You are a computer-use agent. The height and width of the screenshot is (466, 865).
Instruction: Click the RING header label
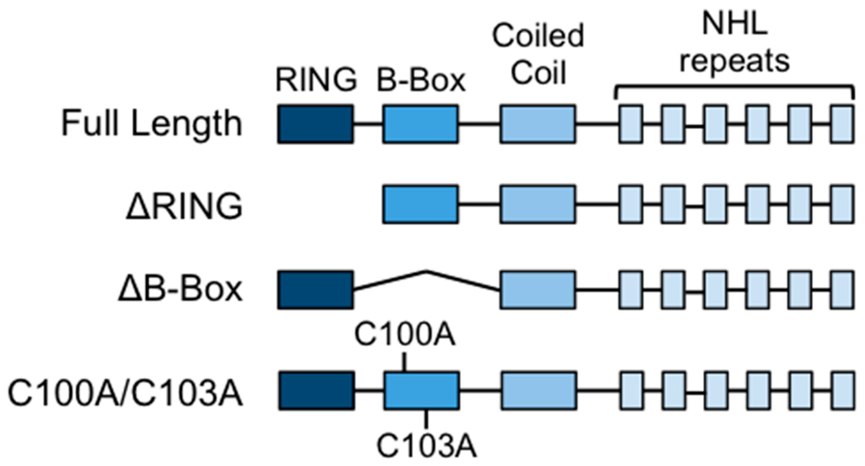coord(316,80)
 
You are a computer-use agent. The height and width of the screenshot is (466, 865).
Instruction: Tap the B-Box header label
coord(421,80)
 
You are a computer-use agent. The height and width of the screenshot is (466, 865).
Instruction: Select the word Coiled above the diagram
coord(538,36)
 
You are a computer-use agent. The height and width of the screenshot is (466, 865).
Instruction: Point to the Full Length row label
coord(151,124)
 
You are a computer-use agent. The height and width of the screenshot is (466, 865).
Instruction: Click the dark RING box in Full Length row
coord(315,124)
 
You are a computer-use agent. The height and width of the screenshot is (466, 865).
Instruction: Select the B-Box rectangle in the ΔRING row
coord(421,204)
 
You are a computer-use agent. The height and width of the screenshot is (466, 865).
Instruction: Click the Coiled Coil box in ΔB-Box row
coord(538,290)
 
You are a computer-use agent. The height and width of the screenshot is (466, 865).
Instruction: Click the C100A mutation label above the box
coord(405,335)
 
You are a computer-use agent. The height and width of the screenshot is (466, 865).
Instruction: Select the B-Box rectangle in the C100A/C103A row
coord(422,391)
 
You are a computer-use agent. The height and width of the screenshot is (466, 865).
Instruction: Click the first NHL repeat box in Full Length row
coord(631,124)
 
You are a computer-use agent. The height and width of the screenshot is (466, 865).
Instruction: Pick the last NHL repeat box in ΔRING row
coord(842,204)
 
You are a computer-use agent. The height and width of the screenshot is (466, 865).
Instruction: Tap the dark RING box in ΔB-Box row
coord(315,290)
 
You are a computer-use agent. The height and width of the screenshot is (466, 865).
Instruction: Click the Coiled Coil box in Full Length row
coord(538,124)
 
